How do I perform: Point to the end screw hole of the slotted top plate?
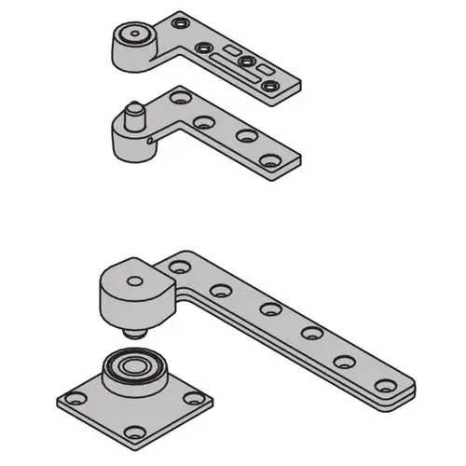click(271, 87)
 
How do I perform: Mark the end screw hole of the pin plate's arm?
click(271, 161)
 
